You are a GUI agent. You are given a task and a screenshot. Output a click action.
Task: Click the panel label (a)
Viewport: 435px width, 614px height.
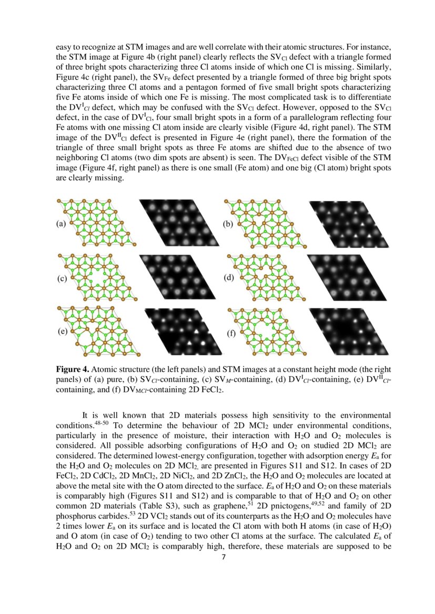pos(62,224)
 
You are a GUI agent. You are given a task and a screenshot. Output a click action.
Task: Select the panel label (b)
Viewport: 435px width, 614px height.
pos(228,224)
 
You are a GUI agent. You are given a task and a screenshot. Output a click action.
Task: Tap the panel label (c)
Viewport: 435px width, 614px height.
pos(62,279)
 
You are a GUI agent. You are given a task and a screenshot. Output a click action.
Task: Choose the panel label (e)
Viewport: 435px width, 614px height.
pos(63,331)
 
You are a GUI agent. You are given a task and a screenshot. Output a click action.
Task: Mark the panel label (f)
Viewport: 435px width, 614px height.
pos(231,334)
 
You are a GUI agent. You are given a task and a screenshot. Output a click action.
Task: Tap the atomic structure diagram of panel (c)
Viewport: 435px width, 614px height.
pos(97,278)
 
